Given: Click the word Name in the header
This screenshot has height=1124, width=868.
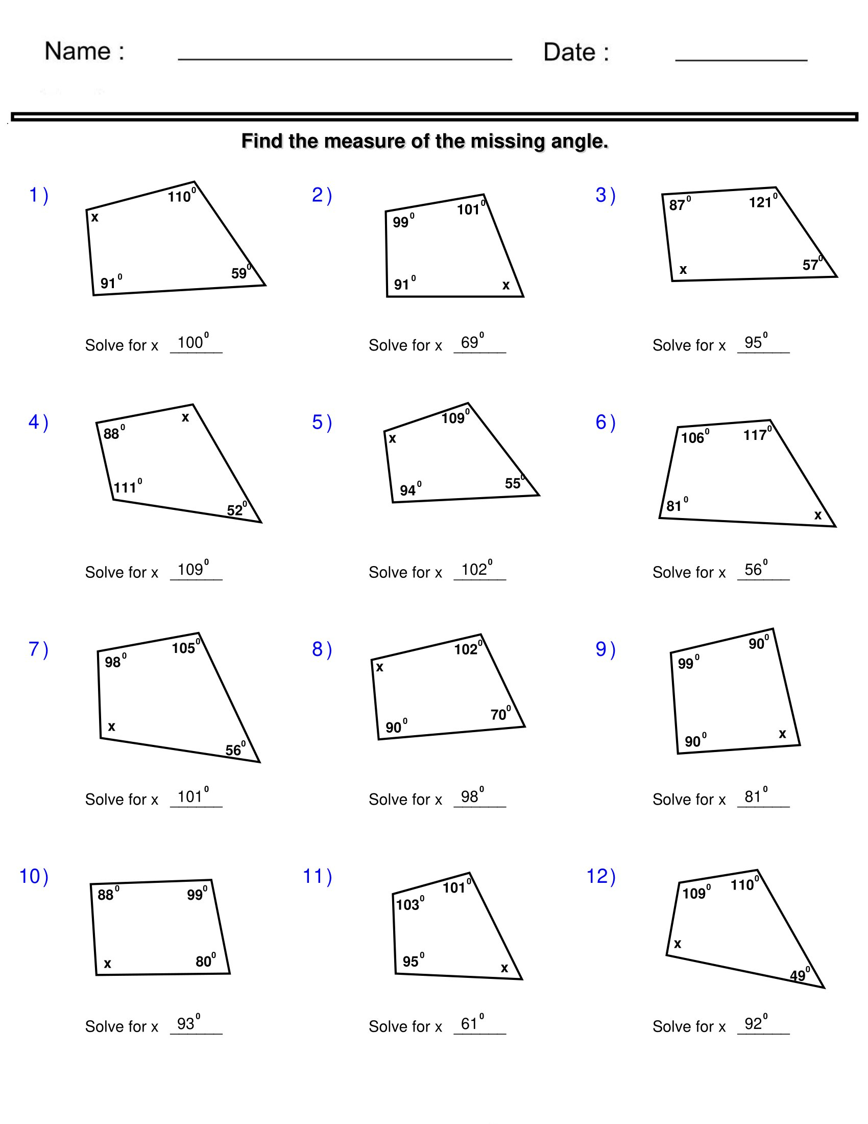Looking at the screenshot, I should (78, 52).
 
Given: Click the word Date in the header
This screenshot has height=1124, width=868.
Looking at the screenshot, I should (569, 53).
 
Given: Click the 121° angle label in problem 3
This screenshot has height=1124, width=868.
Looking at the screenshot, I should (762, 202).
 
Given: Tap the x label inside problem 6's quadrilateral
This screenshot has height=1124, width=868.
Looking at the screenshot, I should (817, 515).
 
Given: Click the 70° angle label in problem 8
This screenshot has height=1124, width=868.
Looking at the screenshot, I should (500, 714).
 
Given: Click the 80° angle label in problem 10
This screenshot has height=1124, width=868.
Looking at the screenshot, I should (205, 961).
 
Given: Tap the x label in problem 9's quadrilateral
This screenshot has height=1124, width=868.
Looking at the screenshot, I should (782, 734).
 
